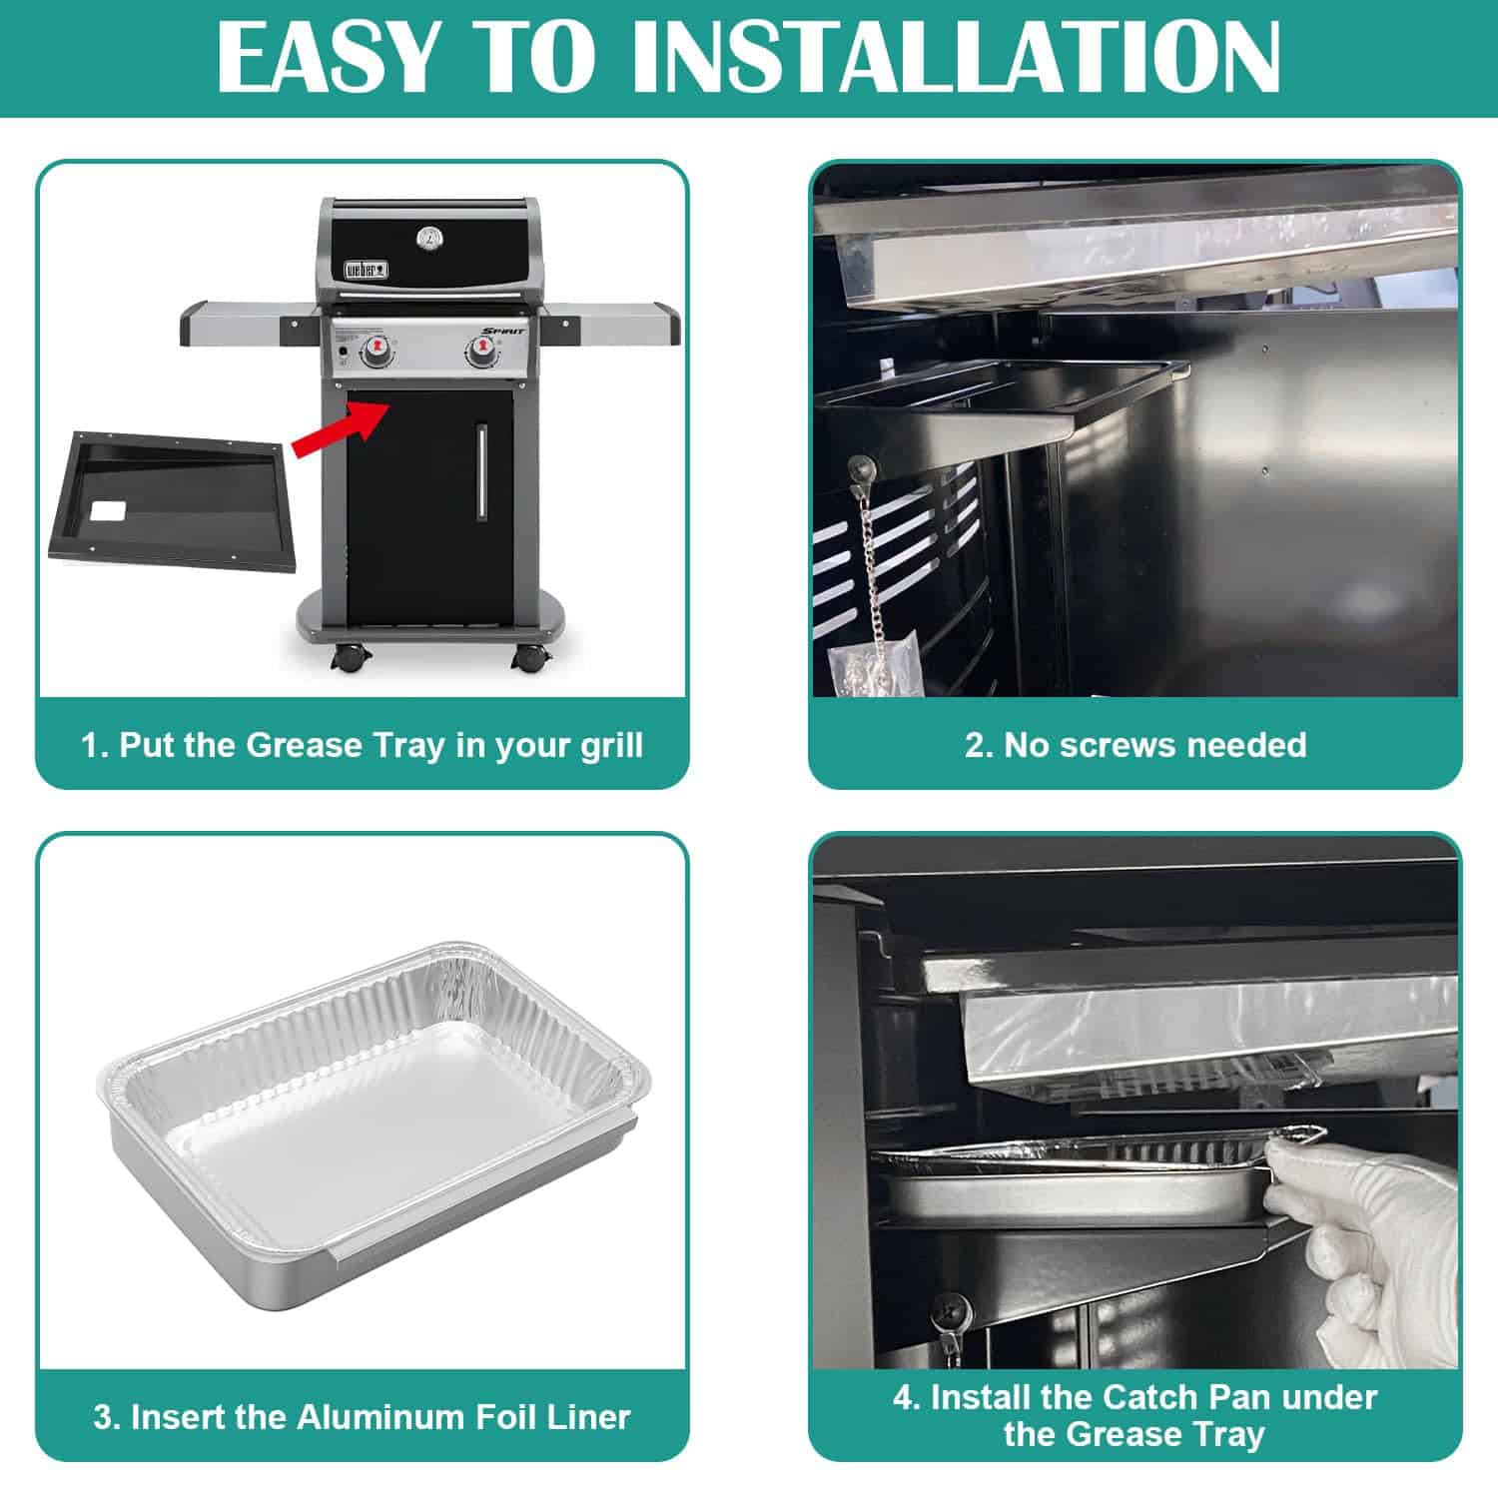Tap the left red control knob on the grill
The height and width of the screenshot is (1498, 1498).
click(x=376, y=352)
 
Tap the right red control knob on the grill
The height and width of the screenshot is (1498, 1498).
click(x=480, y=352)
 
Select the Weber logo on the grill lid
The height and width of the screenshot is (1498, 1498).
click(x=367, y=269)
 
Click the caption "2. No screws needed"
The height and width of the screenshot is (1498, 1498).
click(x=1134, y=744)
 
